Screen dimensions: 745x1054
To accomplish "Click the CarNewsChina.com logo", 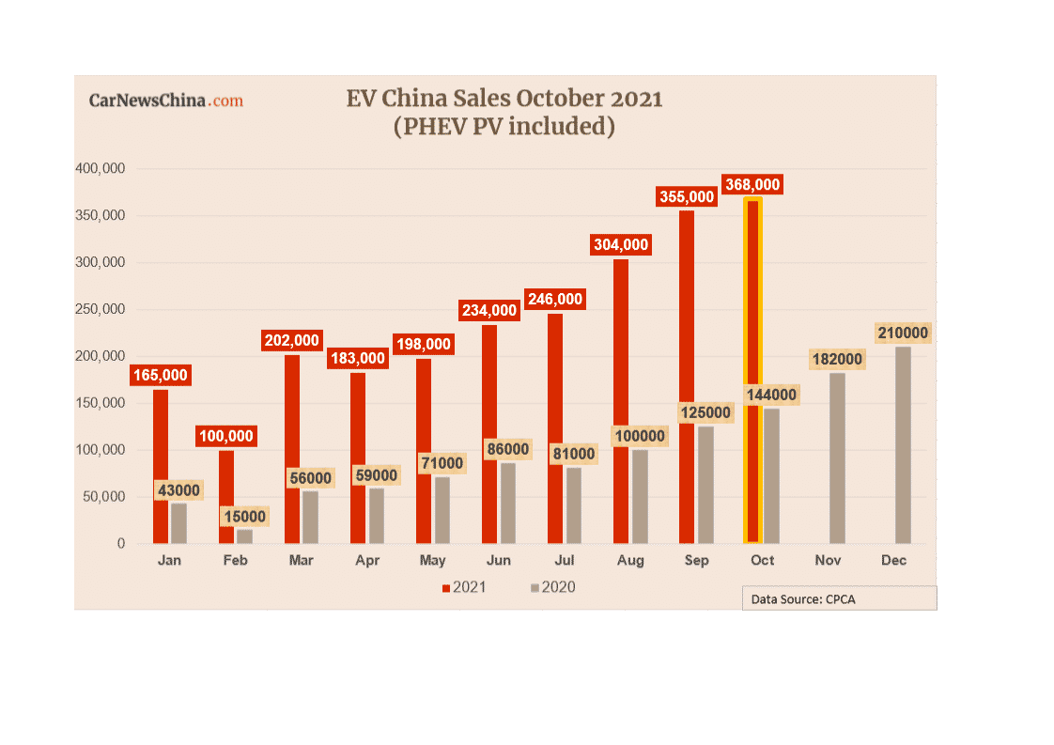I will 165,101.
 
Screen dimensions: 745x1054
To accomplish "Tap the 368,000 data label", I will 752,185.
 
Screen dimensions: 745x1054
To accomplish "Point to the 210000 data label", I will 903,333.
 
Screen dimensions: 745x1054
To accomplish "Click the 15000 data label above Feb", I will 244,517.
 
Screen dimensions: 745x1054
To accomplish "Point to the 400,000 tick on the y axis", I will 100,169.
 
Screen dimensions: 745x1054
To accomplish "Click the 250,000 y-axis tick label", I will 100,309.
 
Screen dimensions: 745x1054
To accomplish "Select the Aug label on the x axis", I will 630,561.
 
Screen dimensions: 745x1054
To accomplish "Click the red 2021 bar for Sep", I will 687,377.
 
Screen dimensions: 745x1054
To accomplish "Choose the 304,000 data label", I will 620,244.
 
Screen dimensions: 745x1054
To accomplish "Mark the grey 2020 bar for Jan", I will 178,523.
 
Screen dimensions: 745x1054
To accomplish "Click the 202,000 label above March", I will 291,340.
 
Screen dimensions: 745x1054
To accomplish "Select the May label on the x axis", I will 432,561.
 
